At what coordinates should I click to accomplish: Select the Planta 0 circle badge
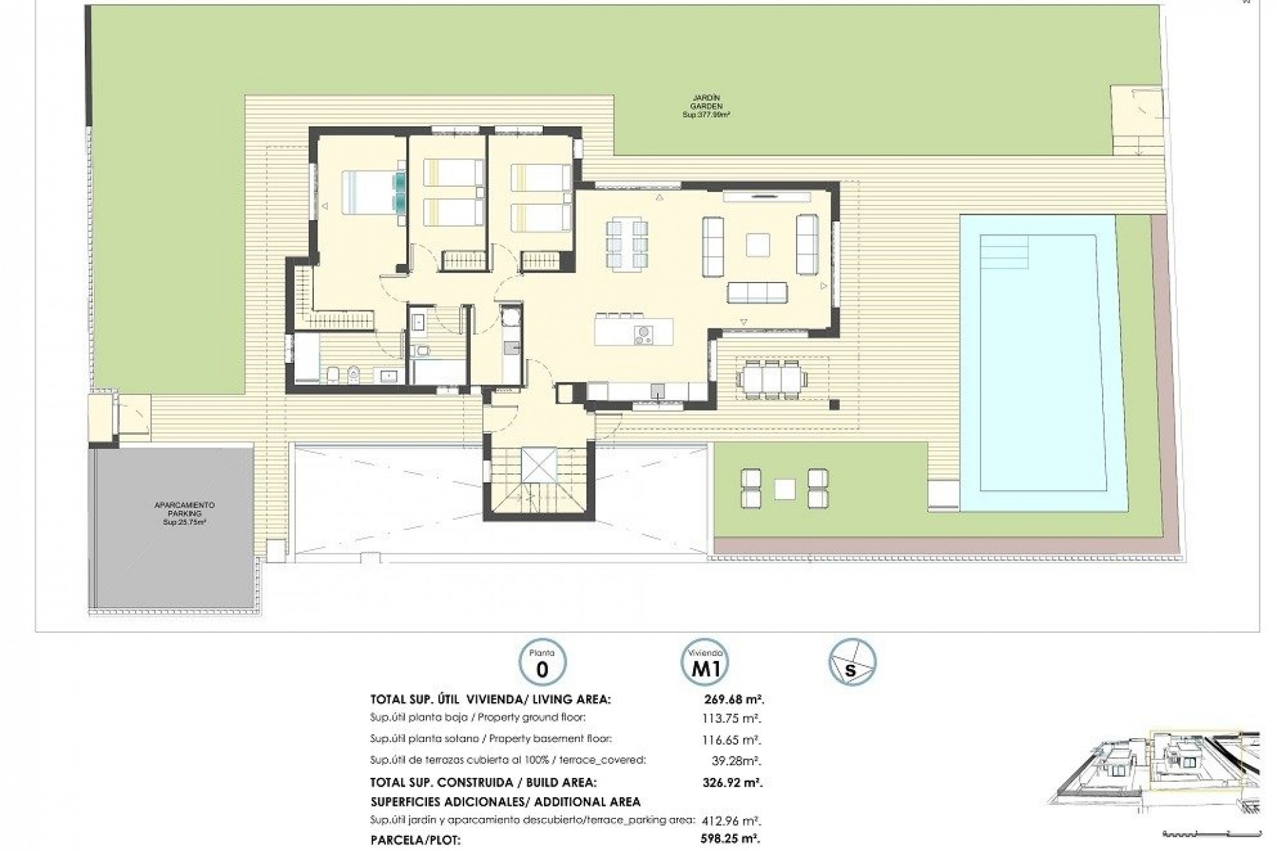click(541, 662)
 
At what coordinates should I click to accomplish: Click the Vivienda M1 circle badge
click(705, 662)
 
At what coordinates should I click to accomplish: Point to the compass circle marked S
click(852, 662)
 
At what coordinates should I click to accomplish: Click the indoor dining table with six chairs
click(626, 243)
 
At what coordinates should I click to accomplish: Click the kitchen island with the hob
click(633, 331)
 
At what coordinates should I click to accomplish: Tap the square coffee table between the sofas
click(758, 245)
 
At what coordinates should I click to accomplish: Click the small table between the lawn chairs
click(784, 489)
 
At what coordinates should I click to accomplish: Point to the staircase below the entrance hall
click(539, 479)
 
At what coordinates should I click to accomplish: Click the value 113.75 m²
click(732, 718)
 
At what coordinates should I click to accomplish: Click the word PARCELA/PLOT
click(415, 839)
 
